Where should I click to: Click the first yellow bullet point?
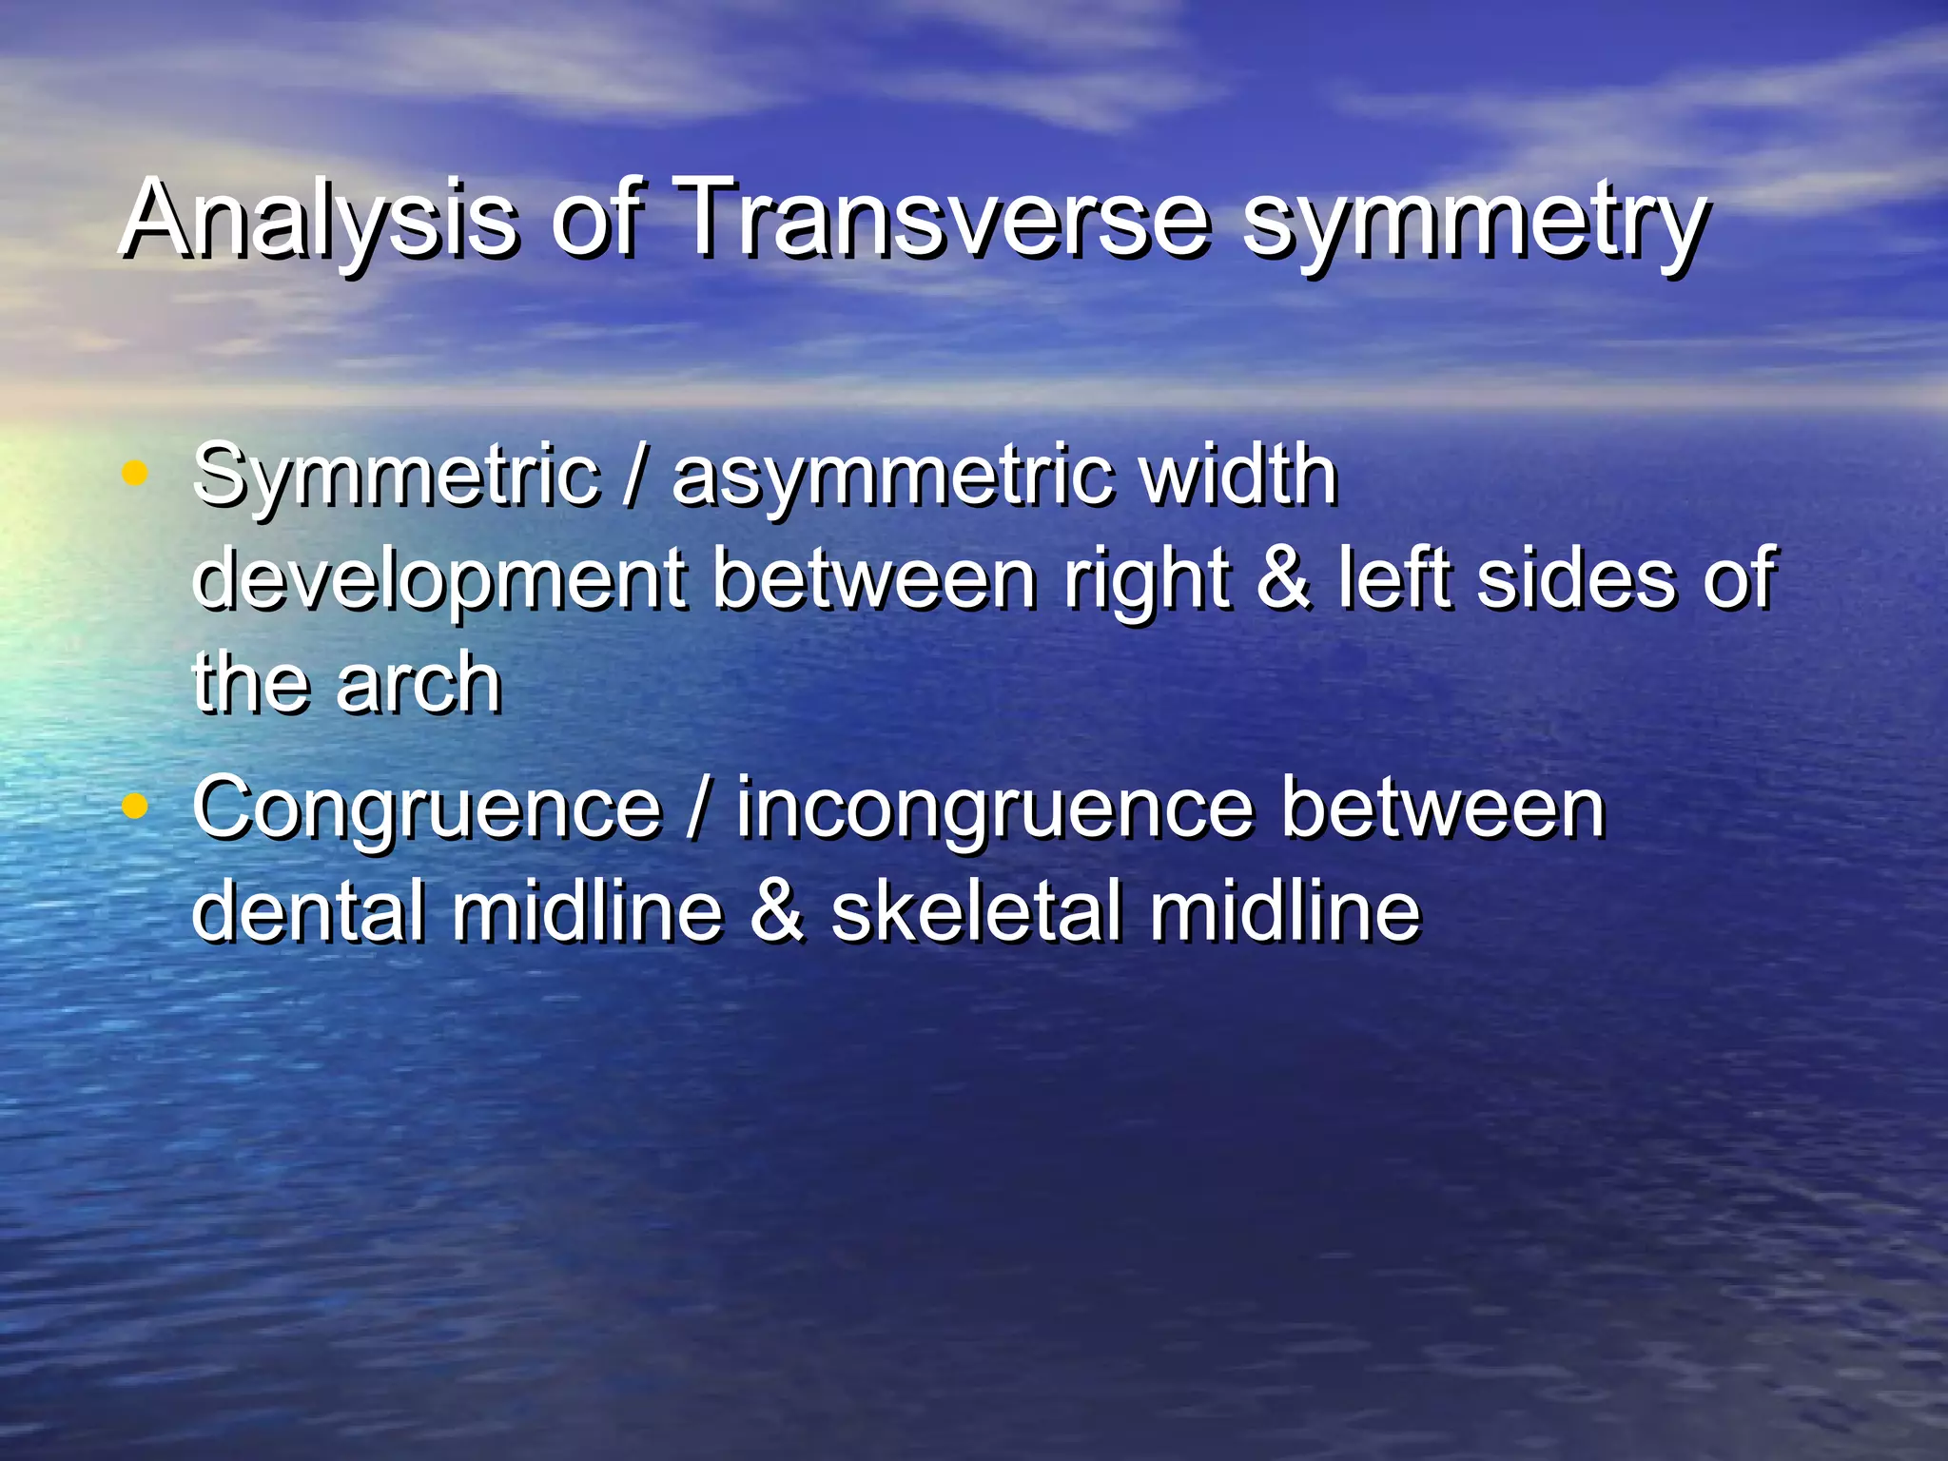click(136, 473)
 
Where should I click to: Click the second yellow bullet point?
click(136, 807)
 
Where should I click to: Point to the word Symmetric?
click(396, 477)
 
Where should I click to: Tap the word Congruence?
click(426, 810)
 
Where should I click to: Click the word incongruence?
click(995, 810)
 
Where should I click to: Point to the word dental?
click(307, 910)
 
